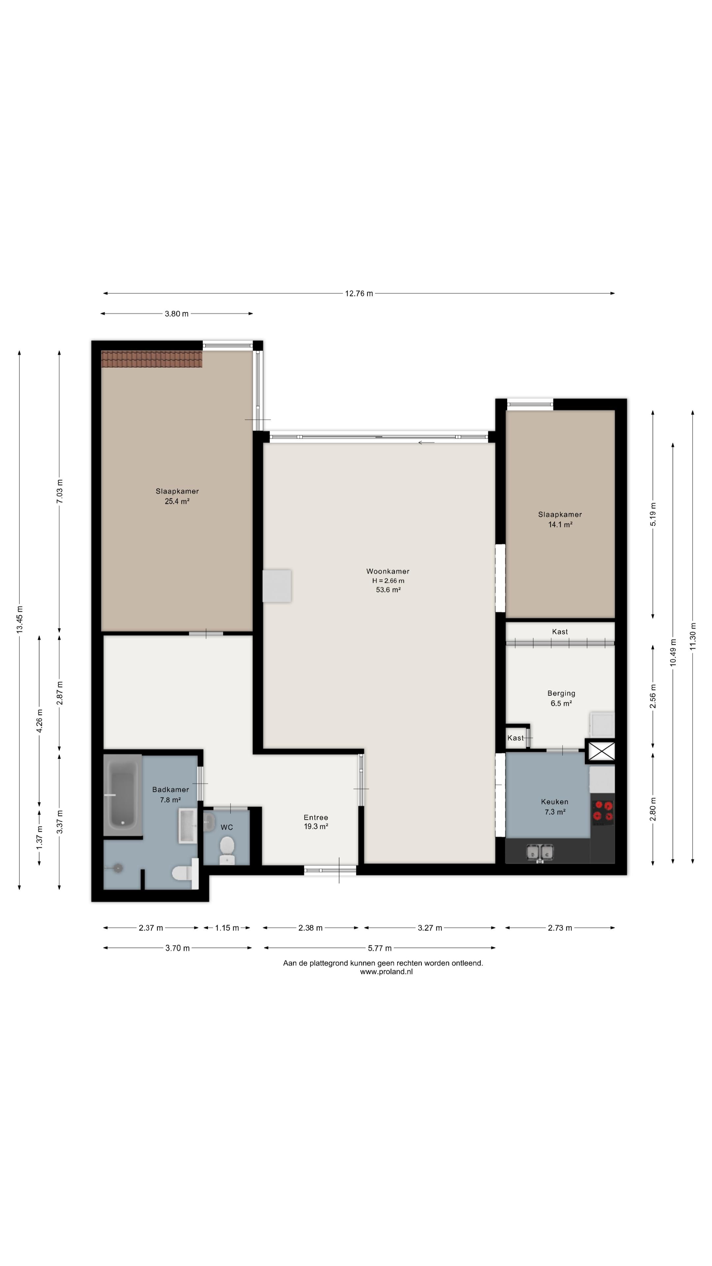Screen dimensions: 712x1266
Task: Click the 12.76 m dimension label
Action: (359, 293)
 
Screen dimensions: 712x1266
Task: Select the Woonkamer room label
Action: (388, 571)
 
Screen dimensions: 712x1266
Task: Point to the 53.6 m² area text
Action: (388, 590)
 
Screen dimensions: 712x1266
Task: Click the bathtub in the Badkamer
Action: (122, 794)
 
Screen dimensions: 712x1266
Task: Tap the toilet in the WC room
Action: (227, 850)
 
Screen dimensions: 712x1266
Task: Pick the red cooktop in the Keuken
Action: (603, 811)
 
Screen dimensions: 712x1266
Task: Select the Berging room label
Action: (561, 693)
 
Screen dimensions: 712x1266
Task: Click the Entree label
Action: (316, 817)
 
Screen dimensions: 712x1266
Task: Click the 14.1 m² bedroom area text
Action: (560, 525)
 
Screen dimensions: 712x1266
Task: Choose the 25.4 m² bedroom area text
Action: (177, 501)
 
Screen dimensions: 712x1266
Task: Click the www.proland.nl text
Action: (386, 972)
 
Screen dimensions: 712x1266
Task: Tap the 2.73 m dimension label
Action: (560, 928)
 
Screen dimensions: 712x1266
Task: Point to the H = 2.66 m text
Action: (388, 580)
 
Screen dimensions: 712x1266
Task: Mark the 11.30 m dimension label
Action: (693, 636)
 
